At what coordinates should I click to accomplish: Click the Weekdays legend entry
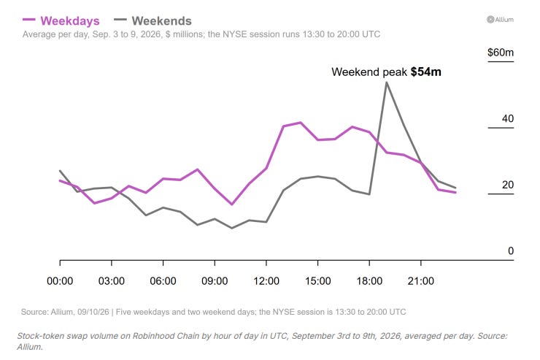point(61,20)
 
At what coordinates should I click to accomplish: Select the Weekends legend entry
point(153,20)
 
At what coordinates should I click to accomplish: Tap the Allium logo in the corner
point(500,20)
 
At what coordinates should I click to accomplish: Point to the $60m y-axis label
point(501,53)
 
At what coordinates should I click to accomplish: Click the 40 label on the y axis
point(508,118)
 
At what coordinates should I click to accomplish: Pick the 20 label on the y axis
point(508,185)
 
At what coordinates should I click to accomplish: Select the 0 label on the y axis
point(511,250)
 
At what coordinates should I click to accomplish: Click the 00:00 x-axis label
point(60,280)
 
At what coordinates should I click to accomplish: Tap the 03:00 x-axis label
point(112,280)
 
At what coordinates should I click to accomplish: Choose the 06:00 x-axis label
point(163,280)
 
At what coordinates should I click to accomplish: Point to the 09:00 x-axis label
point(215,280)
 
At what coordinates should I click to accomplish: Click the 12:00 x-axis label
point(266,280)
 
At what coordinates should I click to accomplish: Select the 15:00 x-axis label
point(318,280)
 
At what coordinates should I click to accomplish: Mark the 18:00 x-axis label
point(369,280)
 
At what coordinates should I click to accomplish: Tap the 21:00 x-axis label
point(421,280)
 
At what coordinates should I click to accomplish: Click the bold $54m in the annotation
point(426,72)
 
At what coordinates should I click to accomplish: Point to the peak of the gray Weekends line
point(387,83)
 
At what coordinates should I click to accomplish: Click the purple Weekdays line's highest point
point(301,122)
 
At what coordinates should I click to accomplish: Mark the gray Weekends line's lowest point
point(232,228)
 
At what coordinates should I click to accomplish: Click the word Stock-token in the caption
point(38,336)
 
